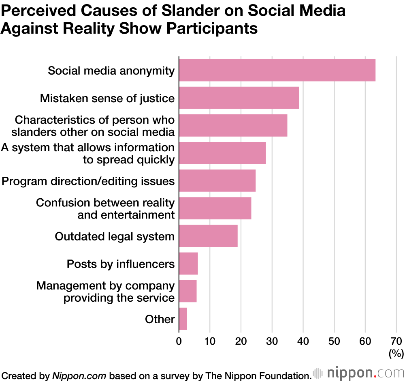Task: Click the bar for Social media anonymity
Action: tap(277, 70)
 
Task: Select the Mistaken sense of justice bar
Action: tap(239, 98)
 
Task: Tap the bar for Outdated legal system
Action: tap(208, 236)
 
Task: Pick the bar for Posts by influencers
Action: tap(188, 264)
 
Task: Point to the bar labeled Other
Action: tap(183, 319)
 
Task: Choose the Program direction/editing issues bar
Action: tap(217, 180)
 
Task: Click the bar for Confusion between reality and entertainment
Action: tap(215, 208)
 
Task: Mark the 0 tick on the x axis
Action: tap(179, 341)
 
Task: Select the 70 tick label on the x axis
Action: tap(396, 341)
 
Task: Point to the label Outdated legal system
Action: tap(115, 236)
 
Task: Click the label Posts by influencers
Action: tap(121, 264)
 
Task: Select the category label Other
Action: tap(160, 319)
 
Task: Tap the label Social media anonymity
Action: tap(111, 71)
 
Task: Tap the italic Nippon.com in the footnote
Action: tap(79, 375)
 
